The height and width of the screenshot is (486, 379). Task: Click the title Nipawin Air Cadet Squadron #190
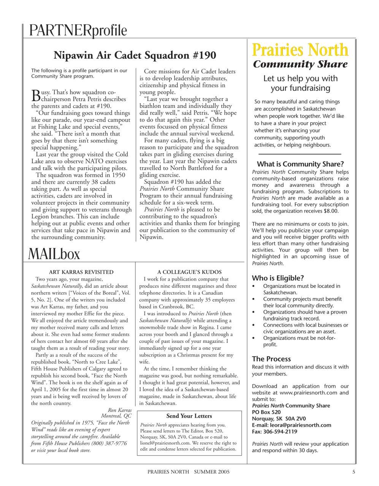coord(135,55)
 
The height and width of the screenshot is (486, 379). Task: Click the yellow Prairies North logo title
coord(300,50)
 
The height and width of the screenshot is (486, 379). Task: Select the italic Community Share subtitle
coord(300,65)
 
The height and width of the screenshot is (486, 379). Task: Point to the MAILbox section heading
coord(54,254)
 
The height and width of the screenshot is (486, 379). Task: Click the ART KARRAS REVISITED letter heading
coord(81,272)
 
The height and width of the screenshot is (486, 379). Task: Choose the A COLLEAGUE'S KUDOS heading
coord(189,272)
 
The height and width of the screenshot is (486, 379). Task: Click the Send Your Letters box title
coord(189,416)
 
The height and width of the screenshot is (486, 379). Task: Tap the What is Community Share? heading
coord(300,164)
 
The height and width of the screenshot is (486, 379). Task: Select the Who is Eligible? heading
coord(278,278)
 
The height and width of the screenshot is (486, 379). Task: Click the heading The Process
coord(271,358)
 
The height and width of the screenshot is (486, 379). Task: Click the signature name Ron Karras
coord(120,410)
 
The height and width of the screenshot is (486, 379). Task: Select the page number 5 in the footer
coord(354,472)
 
